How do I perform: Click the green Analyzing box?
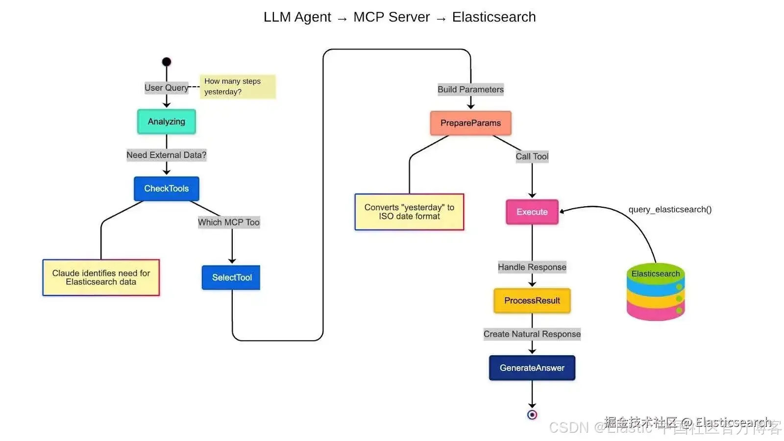coord(167,122)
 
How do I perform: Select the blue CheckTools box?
coord(167,189)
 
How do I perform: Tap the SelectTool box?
coord(231,277)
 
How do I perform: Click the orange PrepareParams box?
coord(470,123)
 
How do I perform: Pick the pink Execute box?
coord(532,212)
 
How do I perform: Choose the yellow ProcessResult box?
coord(532,300)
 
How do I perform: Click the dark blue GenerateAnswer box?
coord(532,368)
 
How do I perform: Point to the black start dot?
coord(167,62)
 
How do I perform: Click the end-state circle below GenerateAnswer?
coord(532,415)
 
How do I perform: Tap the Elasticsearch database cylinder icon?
coord(656,293)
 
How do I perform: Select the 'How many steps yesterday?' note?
coord(238,87)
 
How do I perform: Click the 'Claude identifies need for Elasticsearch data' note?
coord(101,277)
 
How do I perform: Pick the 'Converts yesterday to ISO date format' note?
coord(409,212)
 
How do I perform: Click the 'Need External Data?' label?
coord(167,155)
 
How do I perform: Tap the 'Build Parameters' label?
coord(470,90)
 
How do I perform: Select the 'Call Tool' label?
coord(532,157)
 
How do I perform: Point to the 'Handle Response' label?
coord(532,267)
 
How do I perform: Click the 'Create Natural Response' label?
coord(532,334)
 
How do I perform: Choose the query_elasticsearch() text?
coord(670,210)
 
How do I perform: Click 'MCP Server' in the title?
coord(392,17)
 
